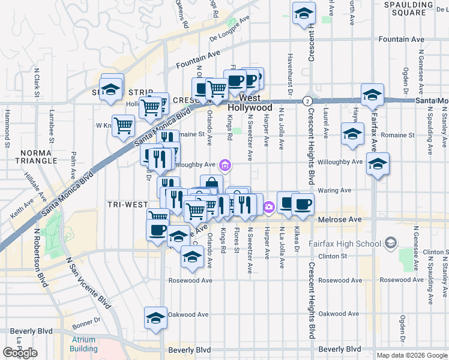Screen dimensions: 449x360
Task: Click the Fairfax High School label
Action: (345, 244)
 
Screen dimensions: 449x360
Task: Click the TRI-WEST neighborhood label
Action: (127, 204)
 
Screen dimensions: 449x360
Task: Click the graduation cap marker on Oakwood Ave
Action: (155, 317)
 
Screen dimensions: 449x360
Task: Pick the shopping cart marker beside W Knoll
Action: (123, 125)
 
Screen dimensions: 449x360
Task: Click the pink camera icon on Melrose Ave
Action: (269, 207)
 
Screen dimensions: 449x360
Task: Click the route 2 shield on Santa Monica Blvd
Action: (307, 100)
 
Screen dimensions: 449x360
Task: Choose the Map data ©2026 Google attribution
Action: (412, 355)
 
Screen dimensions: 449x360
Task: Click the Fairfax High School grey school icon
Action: (391, 243)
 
